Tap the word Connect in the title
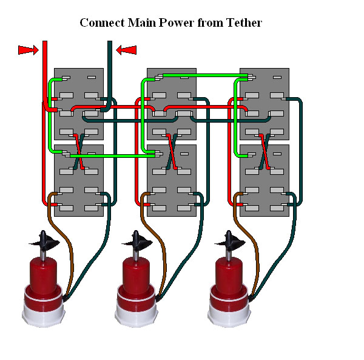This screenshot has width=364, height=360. point(100,24)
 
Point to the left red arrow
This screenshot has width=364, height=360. point(27,50)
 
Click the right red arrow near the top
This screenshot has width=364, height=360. point(126,50)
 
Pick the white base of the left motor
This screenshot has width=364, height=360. point(43,313)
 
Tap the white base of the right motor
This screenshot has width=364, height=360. point(229,313)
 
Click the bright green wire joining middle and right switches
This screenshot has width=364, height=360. point(200,76)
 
